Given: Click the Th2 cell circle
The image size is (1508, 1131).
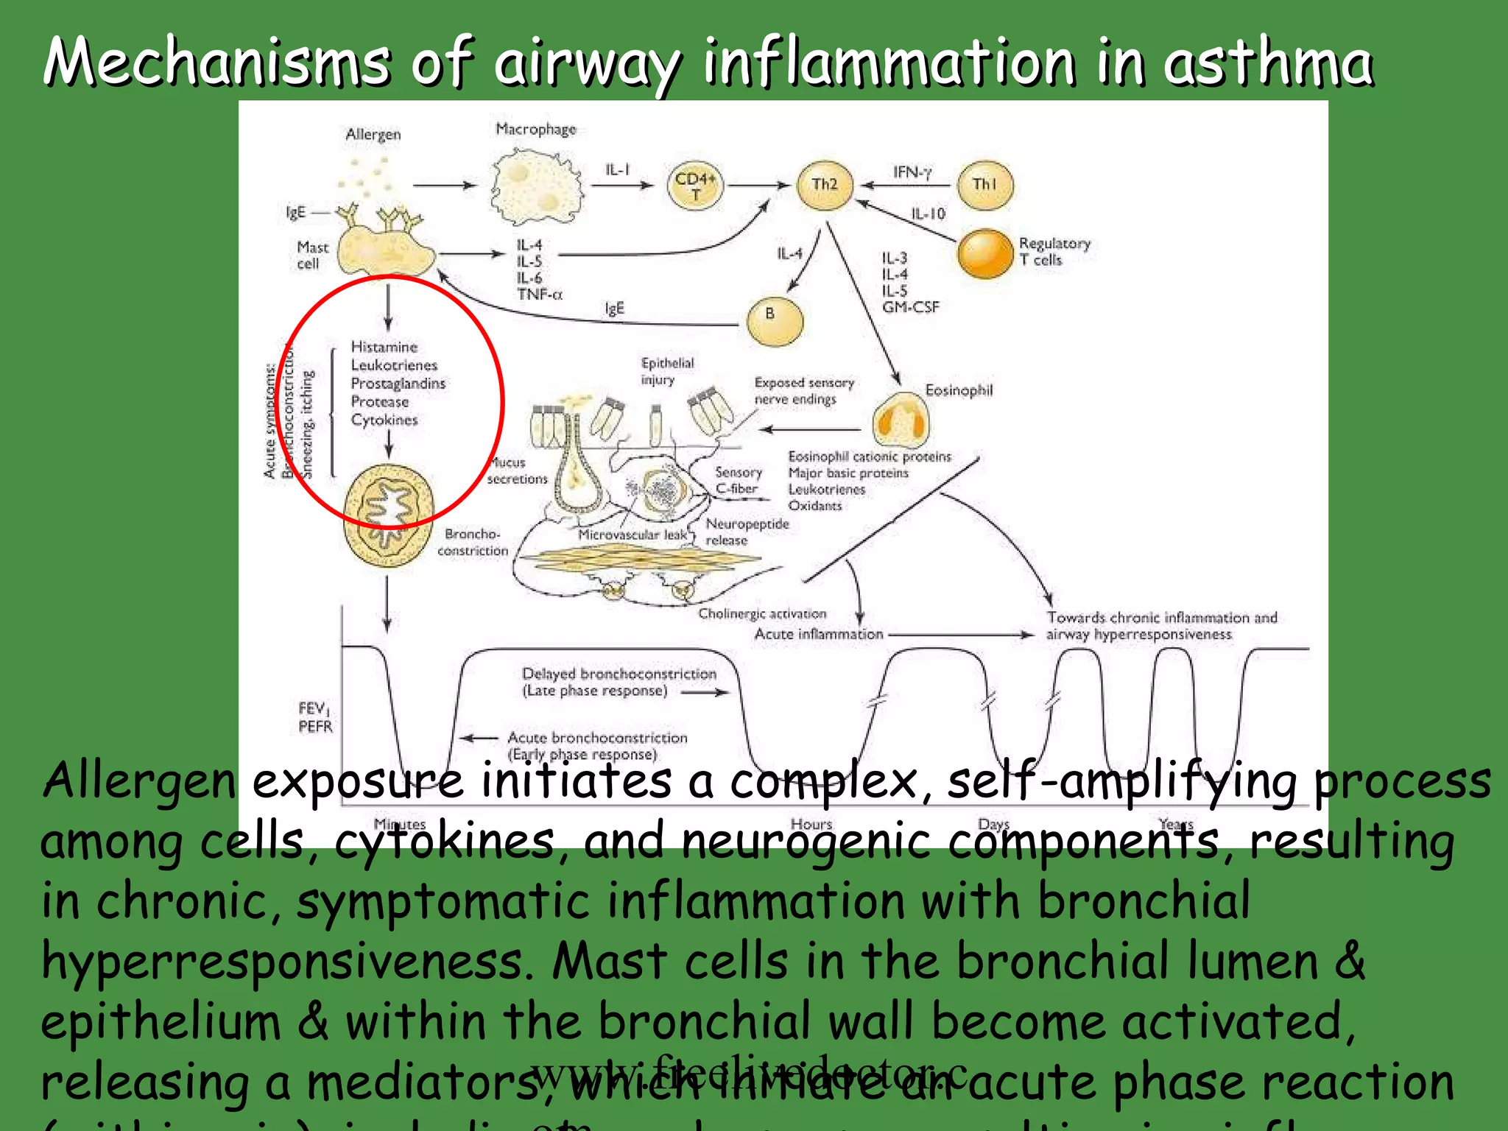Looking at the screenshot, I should click(x=825, y=185).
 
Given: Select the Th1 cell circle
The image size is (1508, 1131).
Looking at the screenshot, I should click(x=984, y=185).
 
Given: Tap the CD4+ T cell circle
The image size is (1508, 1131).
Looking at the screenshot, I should click(x=695, y=185).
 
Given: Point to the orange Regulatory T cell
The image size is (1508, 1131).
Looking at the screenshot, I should click(x=985, y=253).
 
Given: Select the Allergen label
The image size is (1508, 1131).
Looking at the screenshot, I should click(x=373, y=135).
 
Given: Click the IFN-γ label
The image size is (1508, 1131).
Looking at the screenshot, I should click(x=912, y=172).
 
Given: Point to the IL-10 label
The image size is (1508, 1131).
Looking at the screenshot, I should click(x=928, y=214).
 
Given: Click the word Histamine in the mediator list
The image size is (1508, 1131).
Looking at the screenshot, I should click(x=384, y=347).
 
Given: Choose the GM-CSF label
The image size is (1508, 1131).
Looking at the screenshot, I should click(x=911, y=307).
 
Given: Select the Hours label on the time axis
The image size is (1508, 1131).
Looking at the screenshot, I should click(x=811, y=824).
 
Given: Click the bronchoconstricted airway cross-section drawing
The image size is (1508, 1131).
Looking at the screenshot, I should click(x=389, y=515).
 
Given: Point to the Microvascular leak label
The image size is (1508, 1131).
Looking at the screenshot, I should click(x=632, y=535).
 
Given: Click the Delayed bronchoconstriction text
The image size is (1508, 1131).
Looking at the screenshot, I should click(x=619, y=674).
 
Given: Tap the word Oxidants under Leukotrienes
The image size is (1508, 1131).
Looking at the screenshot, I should click(x=814, y=506).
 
